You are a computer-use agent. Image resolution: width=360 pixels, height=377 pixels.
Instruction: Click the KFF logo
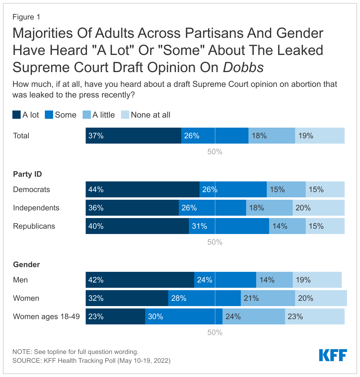(x=333, y=355)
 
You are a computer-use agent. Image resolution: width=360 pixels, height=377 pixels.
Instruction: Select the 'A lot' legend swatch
(x=17, y=115)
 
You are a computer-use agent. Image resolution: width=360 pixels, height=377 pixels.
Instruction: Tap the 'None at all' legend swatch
(x=125, y=115)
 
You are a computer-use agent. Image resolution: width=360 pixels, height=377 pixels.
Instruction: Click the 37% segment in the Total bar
(x=133, y=136)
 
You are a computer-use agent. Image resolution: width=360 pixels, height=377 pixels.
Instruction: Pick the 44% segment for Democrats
(x=142, y=189)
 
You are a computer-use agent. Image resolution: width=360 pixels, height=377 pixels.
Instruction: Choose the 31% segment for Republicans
(x=229, y=226)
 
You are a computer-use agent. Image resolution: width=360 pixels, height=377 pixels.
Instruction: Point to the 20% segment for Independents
(x=318, y=208)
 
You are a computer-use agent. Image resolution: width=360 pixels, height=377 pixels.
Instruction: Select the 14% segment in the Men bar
(x=274, y=280)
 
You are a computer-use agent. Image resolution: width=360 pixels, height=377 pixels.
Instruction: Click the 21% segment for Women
(x=268, y=298)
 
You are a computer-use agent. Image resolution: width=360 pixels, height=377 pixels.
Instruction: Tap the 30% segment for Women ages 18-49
(x=184, y=316)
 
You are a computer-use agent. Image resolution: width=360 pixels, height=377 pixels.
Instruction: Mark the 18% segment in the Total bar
(x=271, y=136)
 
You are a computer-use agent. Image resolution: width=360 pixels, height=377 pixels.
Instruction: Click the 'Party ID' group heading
(x=27, y=174)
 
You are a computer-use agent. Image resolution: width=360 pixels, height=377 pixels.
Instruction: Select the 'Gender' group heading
(x=26, y=264)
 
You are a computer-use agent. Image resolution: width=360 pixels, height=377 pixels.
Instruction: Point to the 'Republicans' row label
(x=34, y=226)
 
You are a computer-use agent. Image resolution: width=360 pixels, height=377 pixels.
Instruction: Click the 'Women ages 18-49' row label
(x=46, y=316)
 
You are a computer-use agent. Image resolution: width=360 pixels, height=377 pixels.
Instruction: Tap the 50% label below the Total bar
(x=215, y=152)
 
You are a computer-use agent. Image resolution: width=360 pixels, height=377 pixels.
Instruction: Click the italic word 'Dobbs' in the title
(x=243, y=67)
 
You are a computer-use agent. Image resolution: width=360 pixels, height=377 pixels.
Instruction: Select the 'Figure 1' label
(x=26, y=17)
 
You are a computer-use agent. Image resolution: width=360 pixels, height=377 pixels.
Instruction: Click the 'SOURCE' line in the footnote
(x=91, y=360)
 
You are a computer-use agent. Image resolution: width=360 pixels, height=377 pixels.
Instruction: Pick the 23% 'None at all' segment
(x=315, y=316)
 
